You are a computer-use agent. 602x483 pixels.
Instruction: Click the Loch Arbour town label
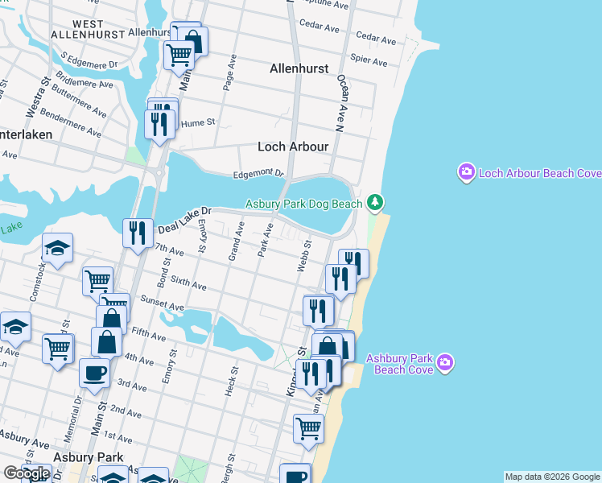[x=292, y=147]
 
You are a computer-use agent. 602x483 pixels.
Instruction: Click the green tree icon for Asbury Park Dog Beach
[x=374, y=201]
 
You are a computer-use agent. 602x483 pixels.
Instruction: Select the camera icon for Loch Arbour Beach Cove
[x=466, y=172]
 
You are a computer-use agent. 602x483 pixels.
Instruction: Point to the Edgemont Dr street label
[x=258, y=173]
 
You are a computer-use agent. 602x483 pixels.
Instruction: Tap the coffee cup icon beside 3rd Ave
[x=94, y=374]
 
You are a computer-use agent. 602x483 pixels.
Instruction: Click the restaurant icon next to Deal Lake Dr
[x=137, y=233]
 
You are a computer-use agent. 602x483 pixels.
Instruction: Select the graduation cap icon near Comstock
[x=57, y=248]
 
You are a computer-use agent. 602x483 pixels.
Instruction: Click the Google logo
[x=27, y=473]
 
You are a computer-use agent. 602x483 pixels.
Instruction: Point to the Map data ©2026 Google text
[x=552, y=477]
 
